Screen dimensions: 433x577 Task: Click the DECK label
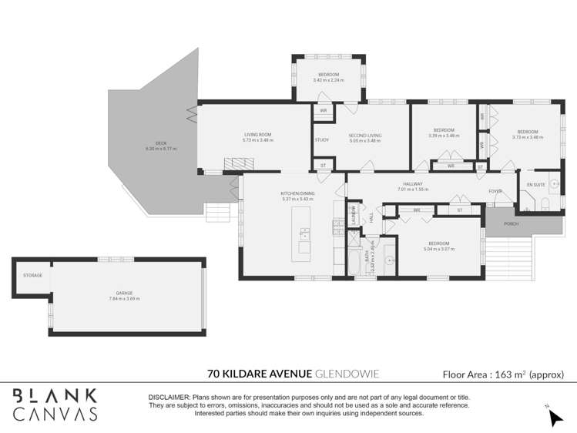[x=161, y=143]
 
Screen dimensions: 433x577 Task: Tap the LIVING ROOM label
[x=257, y=136]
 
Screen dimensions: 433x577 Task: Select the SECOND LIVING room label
[x=365, y=136]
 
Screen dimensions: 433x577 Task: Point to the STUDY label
[x=322, y=139]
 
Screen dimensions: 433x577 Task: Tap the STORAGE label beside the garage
[x=32, y=275]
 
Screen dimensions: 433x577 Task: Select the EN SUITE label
[x=535, y=185]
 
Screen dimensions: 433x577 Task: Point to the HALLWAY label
[x=413, y=184]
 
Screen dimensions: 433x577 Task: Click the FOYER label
[x=495, y=191]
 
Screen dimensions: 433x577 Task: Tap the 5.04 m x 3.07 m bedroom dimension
[x=435, y=249]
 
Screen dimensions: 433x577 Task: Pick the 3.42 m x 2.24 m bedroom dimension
[x=329, y=80]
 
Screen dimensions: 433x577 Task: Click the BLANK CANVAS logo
[x=55, y=404]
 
